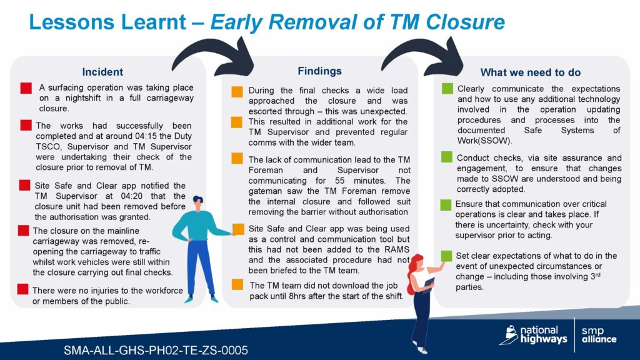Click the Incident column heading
pos(102,72)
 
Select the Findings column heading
pos(319,71)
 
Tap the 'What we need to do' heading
pos(530,72)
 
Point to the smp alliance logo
pos(599,335)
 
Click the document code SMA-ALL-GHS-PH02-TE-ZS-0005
pos(156,350)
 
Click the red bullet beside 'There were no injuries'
pos(23,289)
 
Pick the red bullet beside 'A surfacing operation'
pos(26,88)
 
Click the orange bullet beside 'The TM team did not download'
pos(237,284)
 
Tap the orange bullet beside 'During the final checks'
pos(237,91)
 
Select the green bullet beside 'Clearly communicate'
pos(447,89)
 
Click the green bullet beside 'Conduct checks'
pos(446,157)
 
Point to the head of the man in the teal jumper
pos(198,203)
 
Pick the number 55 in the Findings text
pos(340,181)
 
